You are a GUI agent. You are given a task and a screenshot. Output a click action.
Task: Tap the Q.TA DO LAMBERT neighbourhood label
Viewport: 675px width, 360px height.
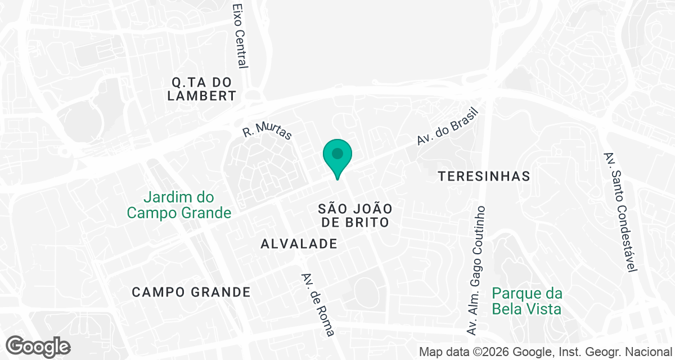(201, 89)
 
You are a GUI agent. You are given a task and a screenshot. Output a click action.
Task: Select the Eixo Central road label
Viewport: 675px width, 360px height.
(240, 36)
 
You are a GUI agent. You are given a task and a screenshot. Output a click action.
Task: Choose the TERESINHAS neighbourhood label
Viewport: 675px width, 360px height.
(484, 176)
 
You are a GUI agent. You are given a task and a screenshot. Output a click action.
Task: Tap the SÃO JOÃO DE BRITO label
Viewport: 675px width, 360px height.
(354, 215)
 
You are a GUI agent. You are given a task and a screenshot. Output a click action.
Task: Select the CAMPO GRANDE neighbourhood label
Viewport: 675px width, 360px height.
(191, 292)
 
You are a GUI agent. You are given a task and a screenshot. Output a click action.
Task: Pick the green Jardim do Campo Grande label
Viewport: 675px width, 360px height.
(179, 205)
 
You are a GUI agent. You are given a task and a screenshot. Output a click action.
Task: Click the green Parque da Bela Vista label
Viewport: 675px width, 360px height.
(527, 301)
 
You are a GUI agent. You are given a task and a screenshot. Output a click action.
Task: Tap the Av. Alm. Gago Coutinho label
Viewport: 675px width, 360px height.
(476, 270)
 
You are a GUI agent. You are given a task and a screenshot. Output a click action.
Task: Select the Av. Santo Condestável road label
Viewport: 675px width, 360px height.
(620, 211)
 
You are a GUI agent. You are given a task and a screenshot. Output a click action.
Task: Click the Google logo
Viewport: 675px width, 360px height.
(38, 346)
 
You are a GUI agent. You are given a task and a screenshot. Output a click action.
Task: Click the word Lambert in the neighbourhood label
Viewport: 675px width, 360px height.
(201, 96)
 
